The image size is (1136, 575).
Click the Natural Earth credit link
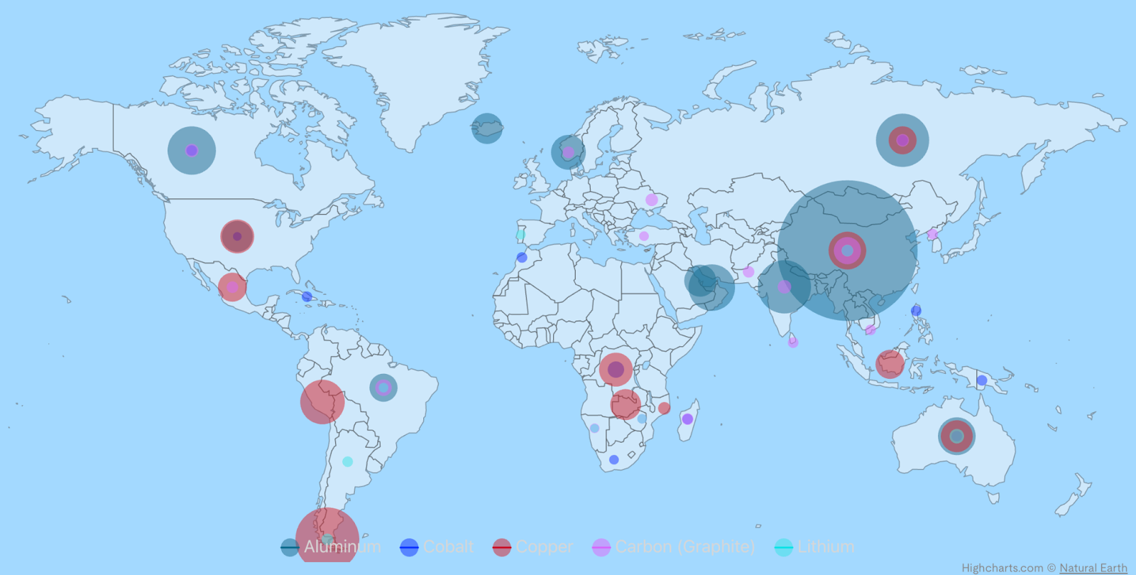(1093, 568)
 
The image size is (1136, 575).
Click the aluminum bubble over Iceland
(487, 129)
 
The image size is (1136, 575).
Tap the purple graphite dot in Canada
(192, 151)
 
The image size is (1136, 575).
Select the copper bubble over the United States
(237, 237)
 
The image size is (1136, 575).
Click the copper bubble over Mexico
(232, 287)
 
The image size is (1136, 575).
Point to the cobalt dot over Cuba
(307, 296)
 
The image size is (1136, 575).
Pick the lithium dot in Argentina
(347, 461)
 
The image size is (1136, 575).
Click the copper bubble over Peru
(322, 402)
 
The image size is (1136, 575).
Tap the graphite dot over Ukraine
(652, 200)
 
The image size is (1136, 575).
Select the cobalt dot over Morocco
(522, 257)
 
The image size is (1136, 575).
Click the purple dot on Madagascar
(687, 419)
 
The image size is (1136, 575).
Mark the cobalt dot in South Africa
(614, 460)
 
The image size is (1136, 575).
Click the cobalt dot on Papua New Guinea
(982, 380)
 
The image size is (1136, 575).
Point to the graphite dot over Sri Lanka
(793, 343)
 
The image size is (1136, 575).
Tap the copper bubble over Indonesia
(890, 364)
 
